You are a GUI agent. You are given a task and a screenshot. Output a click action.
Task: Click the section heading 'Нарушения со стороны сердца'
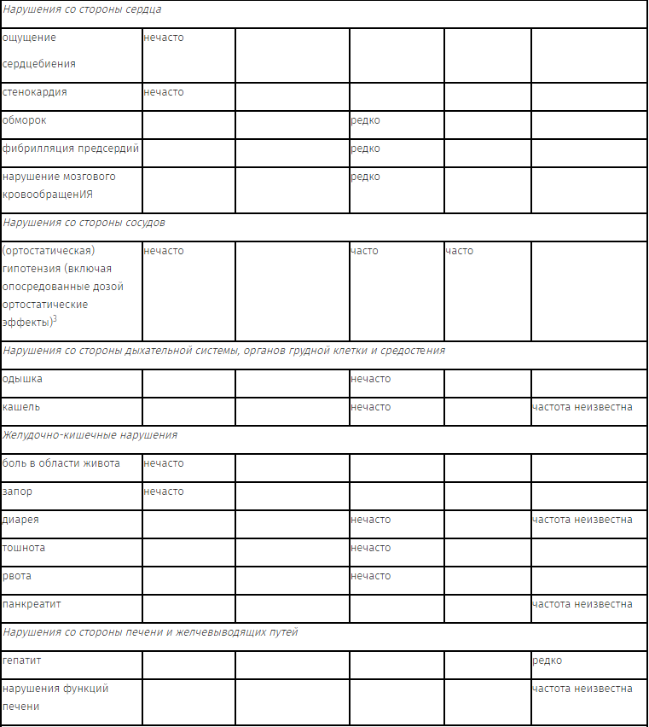point(82,9)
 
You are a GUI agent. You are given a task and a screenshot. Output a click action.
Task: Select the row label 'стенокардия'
point(35,92)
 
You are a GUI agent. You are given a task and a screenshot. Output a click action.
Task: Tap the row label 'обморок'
point(25,120)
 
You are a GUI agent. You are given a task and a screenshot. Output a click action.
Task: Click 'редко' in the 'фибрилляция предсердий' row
point(365,148)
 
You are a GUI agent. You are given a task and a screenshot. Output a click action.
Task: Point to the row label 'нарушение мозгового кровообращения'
point(59,185)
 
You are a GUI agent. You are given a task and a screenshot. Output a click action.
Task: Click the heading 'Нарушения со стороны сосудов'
point(84,223)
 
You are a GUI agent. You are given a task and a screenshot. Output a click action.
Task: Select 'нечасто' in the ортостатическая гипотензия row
point(163,251)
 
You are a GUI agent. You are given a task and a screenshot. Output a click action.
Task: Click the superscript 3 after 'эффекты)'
point(55,319)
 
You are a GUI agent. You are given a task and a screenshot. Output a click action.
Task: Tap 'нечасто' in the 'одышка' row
point(370,379)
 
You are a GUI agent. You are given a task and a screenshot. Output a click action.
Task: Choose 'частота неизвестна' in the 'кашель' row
point(582,407)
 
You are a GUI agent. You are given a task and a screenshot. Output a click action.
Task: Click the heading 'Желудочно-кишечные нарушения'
point(90,435)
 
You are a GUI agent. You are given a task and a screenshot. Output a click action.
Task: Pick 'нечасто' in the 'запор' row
point(163,491)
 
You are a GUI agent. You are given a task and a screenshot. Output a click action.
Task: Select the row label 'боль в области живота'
point(61,463)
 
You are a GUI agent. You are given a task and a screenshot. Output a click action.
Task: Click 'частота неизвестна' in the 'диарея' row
point(582,520)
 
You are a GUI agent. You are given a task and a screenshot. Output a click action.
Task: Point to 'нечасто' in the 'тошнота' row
point(370,548)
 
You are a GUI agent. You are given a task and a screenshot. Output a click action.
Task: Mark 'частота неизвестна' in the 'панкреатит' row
point(582,604)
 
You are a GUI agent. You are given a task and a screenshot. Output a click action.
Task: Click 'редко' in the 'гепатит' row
point(547,660)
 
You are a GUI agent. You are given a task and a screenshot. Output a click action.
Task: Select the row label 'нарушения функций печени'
point(55,697)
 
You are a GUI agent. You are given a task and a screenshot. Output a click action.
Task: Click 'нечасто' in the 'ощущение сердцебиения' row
point(163,38)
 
